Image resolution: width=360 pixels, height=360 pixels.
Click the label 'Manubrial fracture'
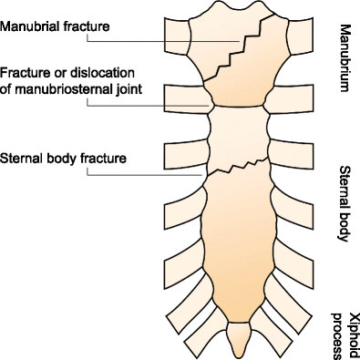pyautogui.click(x=55, y=26)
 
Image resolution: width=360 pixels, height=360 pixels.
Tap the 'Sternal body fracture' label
pyautogui.click(x=63, y=157)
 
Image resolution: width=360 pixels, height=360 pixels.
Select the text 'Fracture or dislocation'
pyautogui.click(x=65, y=73)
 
